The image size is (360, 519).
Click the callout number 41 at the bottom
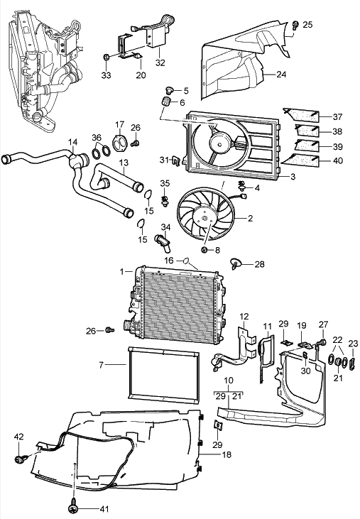(x=104, y=509)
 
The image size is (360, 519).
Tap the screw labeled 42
(x=19, y=459)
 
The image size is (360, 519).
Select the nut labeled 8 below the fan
(x=204, y=249)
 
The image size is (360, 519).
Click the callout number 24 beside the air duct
(x=281, y=75)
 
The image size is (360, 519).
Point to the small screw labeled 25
(x=295, y=26)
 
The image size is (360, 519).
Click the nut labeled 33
(x=107, y=57)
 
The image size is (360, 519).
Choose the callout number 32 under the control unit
(x=160, y=62)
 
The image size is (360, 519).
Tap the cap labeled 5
(x=170, y=89)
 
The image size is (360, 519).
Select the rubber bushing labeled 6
(x=166, y=102)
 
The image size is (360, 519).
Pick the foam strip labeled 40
(x=300, y=160)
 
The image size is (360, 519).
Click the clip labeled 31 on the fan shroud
(x=176, y=161)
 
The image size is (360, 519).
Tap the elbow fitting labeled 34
(x=163, y=242)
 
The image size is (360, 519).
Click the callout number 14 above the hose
(x=73, y=142)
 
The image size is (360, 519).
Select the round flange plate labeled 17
(x=120, y=143)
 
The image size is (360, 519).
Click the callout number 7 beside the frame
(x=102, y=365)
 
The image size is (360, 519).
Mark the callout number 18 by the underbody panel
(x=227, y=454)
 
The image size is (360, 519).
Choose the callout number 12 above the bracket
(x=244, y=317)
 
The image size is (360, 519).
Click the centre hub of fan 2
(x=204, y=218)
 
